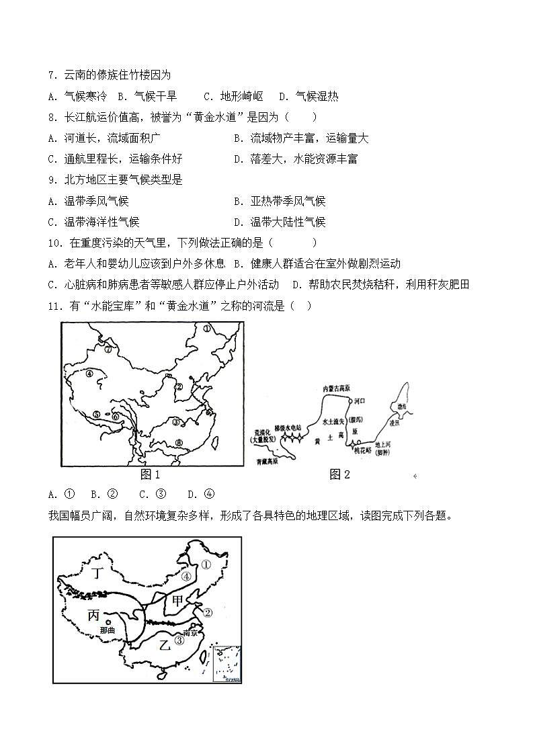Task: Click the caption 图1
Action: click(x=150, y=474)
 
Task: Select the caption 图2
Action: click(x=339, y=474)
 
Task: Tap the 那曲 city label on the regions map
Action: click(x=107, y=630)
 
